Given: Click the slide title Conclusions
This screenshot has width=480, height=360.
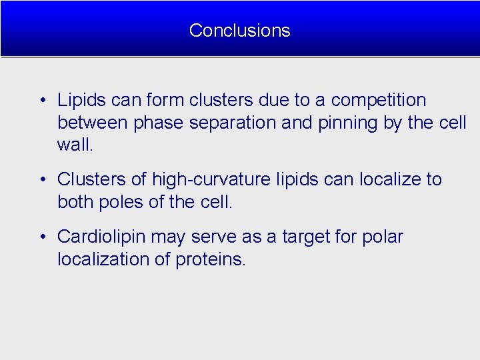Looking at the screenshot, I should pos(239,30).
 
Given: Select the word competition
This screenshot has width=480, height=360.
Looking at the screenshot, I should pos(378,101).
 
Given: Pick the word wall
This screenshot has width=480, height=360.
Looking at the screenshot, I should pos(74,145).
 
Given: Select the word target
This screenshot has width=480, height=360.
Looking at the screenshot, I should pos(308,237).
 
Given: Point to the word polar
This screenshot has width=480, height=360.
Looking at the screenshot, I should pos(383,237).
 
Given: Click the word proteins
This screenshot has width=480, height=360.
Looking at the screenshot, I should pos(211,259).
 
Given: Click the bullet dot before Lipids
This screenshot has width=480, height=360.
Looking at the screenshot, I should pos(42,101).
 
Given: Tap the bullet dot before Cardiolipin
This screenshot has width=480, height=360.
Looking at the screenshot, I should pos(42,237).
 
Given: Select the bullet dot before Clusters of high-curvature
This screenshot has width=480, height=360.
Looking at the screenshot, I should pos(42,180).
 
